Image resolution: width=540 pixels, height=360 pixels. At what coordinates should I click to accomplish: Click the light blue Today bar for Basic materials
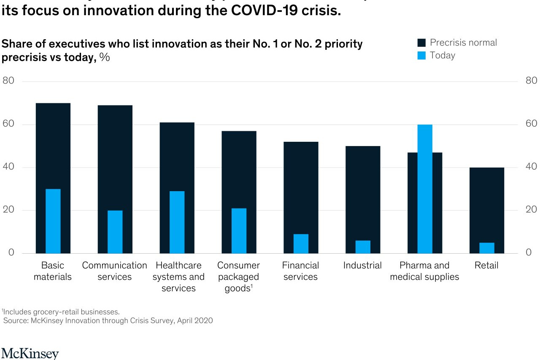(53, 221)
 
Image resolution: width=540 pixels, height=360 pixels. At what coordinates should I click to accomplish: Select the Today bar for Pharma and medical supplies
(425, 189)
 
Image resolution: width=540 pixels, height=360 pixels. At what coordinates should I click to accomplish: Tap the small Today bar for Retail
(487, 248)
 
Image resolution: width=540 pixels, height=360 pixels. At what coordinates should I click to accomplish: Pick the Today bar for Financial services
(301, 244)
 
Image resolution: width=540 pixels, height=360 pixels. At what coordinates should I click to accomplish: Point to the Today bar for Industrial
(363, 247)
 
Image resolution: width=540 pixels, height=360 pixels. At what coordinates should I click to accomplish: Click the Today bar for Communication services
(115, 232)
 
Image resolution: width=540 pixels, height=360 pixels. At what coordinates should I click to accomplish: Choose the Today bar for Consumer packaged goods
(239, 230)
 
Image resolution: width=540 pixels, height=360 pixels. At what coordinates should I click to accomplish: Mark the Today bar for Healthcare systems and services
(177, 222)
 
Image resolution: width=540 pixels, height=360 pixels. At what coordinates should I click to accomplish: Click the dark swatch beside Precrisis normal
(421, 43)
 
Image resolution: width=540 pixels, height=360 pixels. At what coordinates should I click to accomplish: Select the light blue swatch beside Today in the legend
(421, 56)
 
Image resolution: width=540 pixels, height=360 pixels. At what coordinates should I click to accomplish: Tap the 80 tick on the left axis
(8, 81)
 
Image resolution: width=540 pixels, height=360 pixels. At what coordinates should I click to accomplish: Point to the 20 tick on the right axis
(531, 210)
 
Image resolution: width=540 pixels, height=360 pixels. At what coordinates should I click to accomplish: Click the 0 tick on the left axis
(11, 252)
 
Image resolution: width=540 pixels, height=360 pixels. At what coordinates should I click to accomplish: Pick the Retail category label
(486, 265)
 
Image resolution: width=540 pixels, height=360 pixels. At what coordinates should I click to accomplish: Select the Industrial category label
(362, 265)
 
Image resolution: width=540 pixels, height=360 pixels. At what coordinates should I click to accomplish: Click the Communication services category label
(114, 271)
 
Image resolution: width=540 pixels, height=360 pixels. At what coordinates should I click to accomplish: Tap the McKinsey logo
(30, 353)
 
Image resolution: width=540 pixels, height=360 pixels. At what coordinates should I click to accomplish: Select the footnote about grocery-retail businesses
(61, 312)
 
